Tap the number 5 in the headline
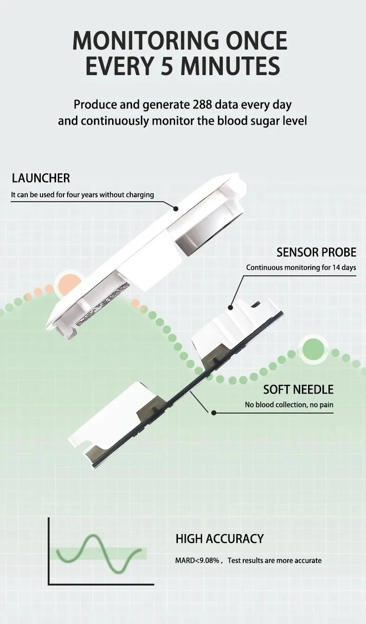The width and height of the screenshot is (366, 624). coord(167,66)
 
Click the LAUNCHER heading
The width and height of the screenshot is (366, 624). coord(41,178)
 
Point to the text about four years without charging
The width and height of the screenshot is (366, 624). coord(82,195)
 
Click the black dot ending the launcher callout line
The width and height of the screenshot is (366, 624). coord(176,209)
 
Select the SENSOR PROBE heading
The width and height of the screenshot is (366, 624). coord(316,252)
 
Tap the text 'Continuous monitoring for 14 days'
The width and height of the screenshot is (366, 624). coord(301,267)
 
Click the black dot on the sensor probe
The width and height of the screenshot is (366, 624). coord(230,307)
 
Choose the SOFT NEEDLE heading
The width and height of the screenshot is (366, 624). coord(298,389)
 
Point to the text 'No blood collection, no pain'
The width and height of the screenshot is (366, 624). coord(289,405)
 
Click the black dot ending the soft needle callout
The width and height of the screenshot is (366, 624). coord(214,412)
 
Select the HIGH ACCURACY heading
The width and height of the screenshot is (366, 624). coord(219,539)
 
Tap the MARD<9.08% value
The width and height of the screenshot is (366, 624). coord(197,560)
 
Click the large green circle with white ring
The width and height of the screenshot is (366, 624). coord(314,349)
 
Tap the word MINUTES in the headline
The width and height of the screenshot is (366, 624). coord(230,66)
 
